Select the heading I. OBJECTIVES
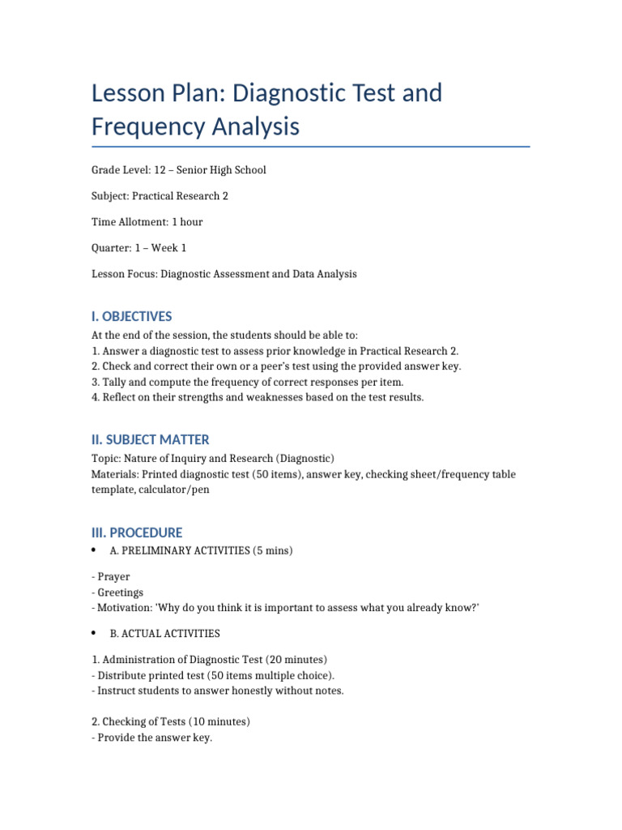131,316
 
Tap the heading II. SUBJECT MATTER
150,439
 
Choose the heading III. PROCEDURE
136,533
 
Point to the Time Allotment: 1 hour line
147,222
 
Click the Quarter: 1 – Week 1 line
138,248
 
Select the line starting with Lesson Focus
224,274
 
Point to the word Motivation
123,608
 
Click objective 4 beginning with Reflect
257,397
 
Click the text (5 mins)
271,551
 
